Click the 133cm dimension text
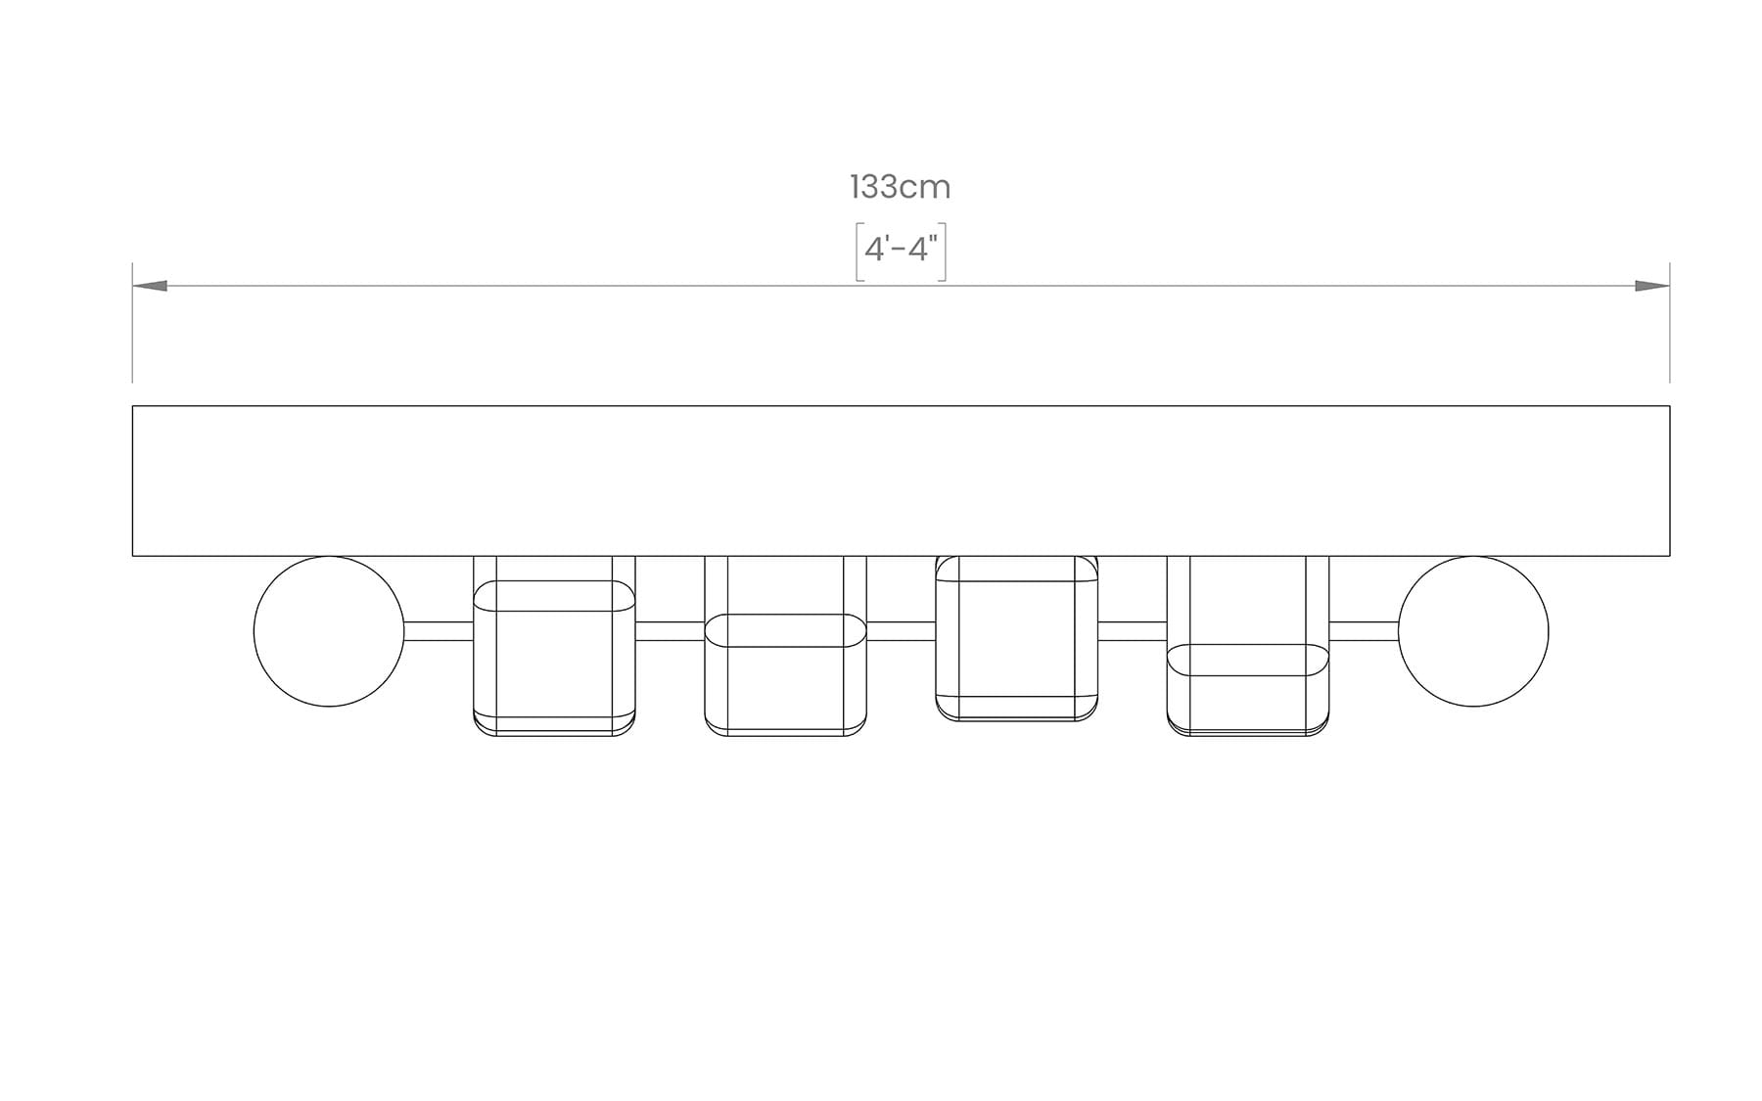pos(900,187)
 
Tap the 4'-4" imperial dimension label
pos(901,250)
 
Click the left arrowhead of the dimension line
pos(150,286)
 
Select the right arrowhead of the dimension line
pos(1652,286)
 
